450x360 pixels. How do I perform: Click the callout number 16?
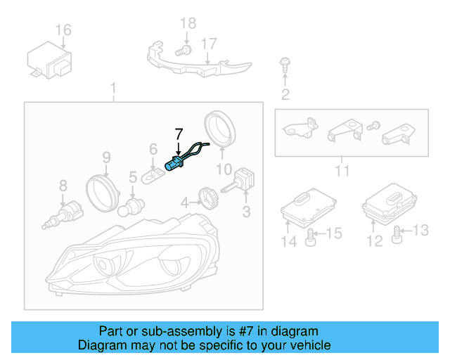point(63,30)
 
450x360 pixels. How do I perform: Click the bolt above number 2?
point(285,64)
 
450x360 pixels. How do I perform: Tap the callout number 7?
point(179,132)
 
